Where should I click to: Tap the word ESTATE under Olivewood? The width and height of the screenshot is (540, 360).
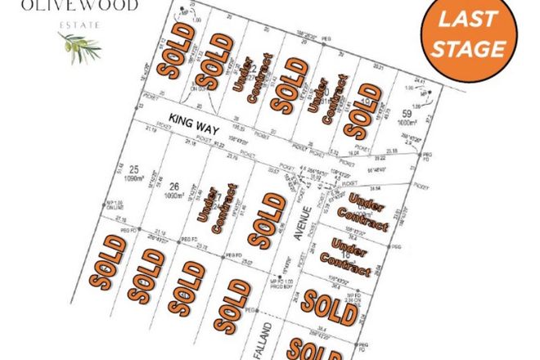77,25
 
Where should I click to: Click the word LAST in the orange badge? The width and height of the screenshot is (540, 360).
475,25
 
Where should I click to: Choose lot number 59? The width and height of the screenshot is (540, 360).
407,113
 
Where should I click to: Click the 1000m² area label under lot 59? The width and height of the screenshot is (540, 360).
407,123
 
